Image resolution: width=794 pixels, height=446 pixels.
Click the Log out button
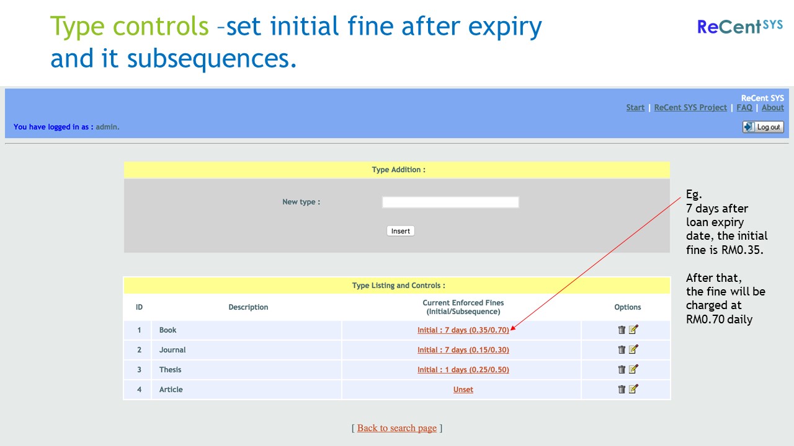pyautogui.click(x=763, y=127)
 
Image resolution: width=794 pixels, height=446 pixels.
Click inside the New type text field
pyautogui.click(x=450, y=202)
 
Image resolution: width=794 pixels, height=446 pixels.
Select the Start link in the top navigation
pyautogui.click(x=635, y=108)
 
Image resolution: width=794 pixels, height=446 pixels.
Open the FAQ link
pyautogui.click(x=744, y=108)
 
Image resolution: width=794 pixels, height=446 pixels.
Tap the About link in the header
pyautogui.click(x=773, y=108)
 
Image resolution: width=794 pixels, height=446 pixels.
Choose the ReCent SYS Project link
pyautogui.click(x=690, y=108)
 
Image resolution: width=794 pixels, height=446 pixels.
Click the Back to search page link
pyautogui.click(x=396, y=428)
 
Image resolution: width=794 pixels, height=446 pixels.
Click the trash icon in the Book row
pyautogui.click(x=622, y=330)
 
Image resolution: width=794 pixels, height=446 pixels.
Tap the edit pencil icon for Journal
pyautogui.click(x=633, y=349)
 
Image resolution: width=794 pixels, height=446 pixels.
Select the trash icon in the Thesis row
pyautogui.click(x=622, y=369)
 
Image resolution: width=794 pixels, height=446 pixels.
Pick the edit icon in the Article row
pyautogui.click(x=633, y=389)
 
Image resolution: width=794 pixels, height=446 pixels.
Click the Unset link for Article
pyautogui.click(x=463, y=390)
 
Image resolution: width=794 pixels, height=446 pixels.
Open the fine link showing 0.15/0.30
pyautogui.click(x=463, y=350)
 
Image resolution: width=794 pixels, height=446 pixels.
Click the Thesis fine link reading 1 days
pyautogui.click(x=463, y=370)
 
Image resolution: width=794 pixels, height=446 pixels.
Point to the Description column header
pyautogui.click(x=248, y=307)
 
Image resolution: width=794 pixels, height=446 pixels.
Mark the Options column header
pyautogui.click(x=627, y=307)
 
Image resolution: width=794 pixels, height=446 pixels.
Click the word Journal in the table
pyautogui.click(x=172, y=350)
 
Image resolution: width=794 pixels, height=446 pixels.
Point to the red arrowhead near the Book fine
pyautogui.click(x=512, y=328)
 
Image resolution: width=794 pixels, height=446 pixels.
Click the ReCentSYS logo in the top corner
pyautogui.click(x=740, y=27)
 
